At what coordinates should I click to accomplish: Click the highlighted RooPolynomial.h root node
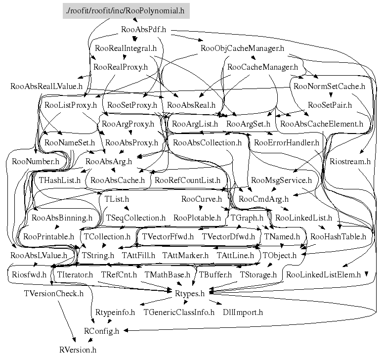tap(126, 11)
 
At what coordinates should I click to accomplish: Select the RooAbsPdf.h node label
tap(143, 30)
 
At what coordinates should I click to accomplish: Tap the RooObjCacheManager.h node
tap(242, 48)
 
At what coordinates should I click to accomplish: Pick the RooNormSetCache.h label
tap(329, 86)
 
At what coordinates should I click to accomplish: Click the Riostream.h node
tap(350, 161)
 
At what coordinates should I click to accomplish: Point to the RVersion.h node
tap(78, 350)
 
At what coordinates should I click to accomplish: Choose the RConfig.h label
tap(101, 331)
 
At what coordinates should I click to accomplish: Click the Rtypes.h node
tap(190, 293)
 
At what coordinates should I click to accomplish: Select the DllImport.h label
tap(243, 313)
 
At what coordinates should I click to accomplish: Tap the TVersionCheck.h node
tap(54, 293)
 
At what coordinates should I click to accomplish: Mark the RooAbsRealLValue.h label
tap(46, 86)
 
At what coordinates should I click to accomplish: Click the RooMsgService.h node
tap(281, 180)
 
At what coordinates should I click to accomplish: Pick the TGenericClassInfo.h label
tap(179, 313)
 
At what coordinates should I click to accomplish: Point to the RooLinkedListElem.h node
tap(323, 274)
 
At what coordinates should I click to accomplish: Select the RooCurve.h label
tap(201, 199)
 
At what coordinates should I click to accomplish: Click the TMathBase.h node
tap(167, 274)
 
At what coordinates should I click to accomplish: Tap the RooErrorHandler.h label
tap(287, 143)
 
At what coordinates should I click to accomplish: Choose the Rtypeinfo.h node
tap(115, 313)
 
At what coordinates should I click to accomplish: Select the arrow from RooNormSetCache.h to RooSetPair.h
tap(331, 94)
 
